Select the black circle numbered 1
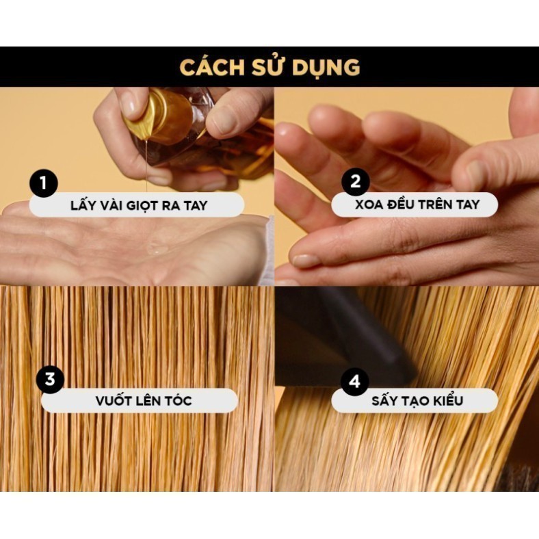[x=43, y=183]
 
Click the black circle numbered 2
[x=356, y=181]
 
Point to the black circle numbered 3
[x=50, y=380]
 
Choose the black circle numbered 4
[x=354, y=382]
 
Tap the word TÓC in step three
[x=177, y=400]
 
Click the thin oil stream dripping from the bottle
[x=147, y=164]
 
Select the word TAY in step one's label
[x=196, y=206]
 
